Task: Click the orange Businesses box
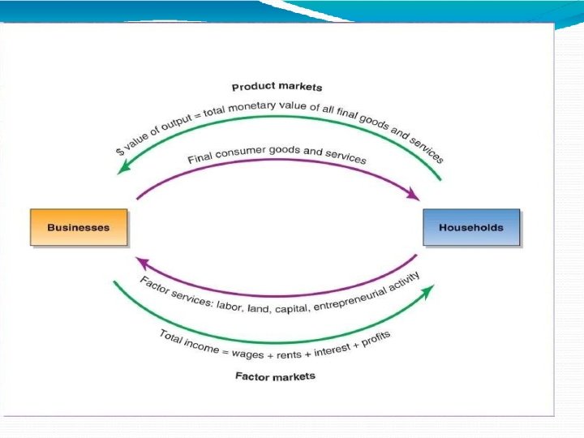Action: [x=78, y=227]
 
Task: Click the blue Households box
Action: [x=470, y=227]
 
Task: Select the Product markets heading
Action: [x=277, y=87]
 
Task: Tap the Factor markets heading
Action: [x=275, y=376]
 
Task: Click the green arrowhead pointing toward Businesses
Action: [x=123, y=167]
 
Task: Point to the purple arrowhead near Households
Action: [x=414, y=195]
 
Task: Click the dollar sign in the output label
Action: [x=119, y=152]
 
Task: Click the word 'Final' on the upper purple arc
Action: [x=199, y=157]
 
